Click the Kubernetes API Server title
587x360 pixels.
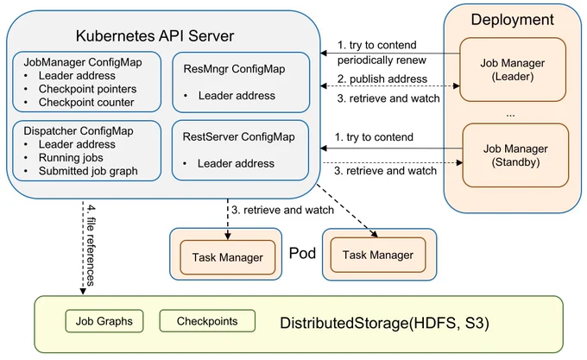pos(155,36)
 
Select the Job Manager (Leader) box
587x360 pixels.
pos(513,70)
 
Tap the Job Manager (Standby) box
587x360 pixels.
pos(515,155)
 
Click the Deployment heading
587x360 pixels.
pos(512,20)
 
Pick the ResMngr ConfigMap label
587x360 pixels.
pos(234,69)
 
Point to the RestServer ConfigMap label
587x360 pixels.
pos(238,137)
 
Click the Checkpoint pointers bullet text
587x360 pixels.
pos(87,89)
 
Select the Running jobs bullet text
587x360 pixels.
pos(71,157)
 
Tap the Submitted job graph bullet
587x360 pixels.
pos(88,171)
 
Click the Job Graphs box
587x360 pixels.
pos(104,321)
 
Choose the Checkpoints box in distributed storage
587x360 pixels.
pos(207,320)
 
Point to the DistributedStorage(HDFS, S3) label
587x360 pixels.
pos(384,323)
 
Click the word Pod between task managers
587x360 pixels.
pos(302,253)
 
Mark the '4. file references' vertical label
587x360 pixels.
pos(91,245)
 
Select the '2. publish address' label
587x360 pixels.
pos(382,79)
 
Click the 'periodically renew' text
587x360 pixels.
pos(382,60)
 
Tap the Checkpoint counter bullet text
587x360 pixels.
pos(86,103)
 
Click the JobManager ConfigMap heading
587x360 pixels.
pos(83,62)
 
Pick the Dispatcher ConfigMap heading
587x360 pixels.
pos(79,131)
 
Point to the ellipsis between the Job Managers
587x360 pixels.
pos(510,116)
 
